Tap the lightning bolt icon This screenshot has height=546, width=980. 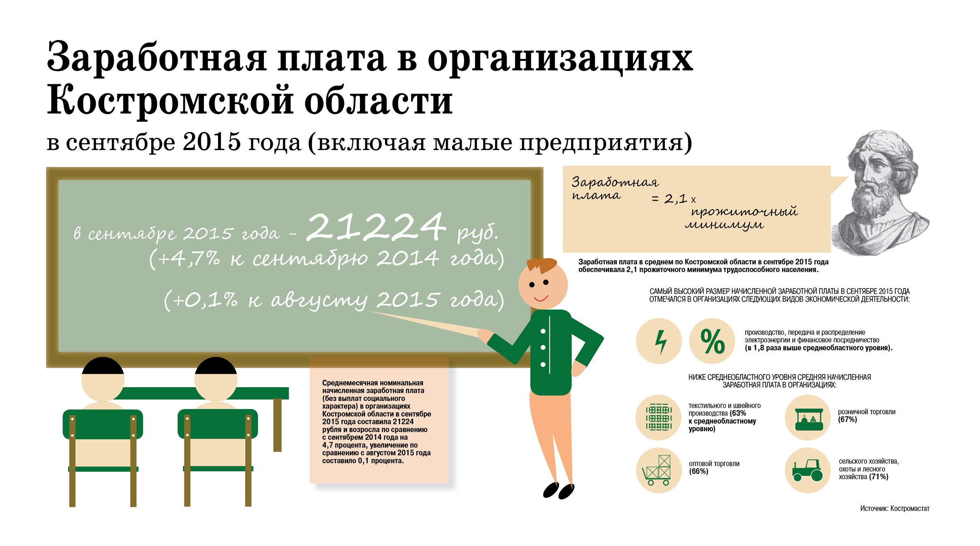point(661,342)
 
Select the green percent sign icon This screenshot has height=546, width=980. point(712,341)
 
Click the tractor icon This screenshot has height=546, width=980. point(807,470)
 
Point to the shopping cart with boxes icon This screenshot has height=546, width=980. point(657,471)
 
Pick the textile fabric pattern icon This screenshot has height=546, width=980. point(659,416)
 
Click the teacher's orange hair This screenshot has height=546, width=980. point(541,266)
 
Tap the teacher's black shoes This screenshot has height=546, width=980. point(558,490)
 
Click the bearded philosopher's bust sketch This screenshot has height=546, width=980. point(879,193)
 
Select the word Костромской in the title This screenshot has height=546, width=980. point(170,100)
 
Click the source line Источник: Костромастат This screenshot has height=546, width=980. point(894,508)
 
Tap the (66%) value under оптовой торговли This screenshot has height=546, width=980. point(698,471)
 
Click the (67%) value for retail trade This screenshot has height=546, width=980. point(847,419)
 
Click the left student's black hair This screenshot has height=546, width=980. point(103,365)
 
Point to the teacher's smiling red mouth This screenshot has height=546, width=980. point(541,299)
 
